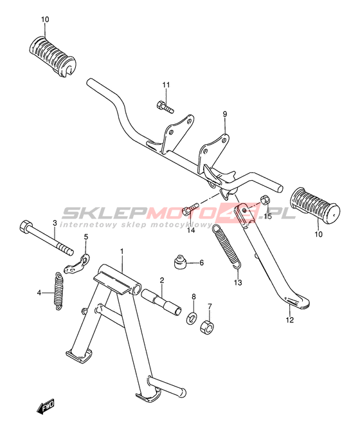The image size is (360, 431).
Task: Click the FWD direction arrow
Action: pos(46,405)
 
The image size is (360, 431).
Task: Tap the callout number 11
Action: pos(166,85)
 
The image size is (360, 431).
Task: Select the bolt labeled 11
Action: pos(165,107)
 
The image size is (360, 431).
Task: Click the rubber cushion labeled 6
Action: pos(180,262)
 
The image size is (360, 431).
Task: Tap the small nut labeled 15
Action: pos(265,199)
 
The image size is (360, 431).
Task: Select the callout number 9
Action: pos(225,114)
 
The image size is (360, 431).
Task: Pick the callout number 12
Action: pos(290,320)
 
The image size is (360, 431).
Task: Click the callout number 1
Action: pos(122,252)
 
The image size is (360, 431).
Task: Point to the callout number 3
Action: pos(55,223)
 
